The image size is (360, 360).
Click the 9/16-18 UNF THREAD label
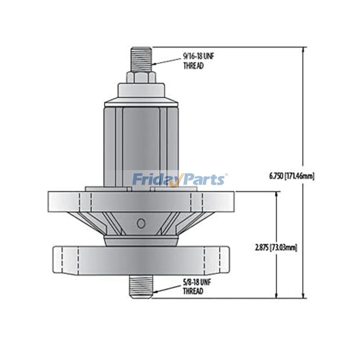198,61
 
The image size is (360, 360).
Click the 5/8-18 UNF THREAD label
197,287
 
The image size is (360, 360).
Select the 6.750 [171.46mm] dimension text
292,176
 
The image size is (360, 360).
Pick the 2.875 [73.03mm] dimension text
276,248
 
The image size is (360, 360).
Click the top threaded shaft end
141,59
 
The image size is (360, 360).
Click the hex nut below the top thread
141,77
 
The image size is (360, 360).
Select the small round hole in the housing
141,223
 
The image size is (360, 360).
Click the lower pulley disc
141,261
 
